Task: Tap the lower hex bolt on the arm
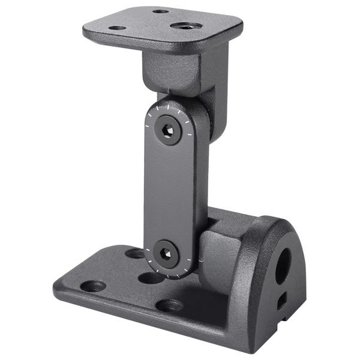166,254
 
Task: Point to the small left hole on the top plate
117,28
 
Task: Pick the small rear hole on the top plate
160,11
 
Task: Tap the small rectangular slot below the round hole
281,301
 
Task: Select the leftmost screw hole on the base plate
93,286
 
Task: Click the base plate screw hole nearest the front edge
170,305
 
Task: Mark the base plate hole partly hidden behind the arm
136,253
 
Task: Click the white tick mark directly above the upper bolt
168,105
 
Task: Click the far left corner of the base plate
57,287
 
